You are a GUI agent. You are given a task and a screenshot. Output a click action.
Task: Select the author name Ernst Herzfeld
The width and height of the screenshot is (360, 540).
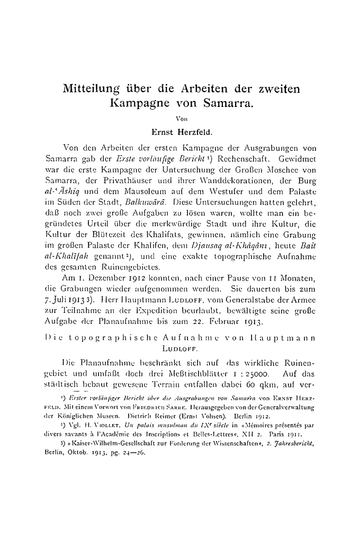(180, 131)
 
